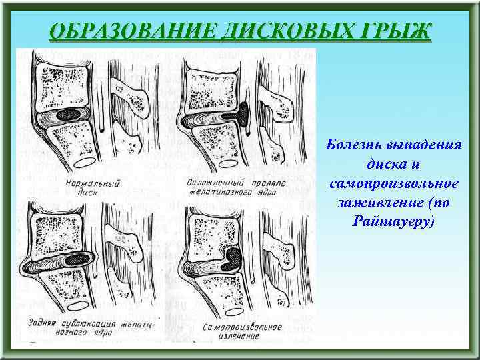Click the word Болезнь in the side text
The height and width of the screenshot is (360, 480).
[354, 145]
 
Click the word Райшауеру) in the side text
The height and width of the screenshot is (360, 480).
[392, 219]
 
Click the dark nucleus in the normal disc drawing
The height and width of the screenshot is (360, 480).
[69, 115]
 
